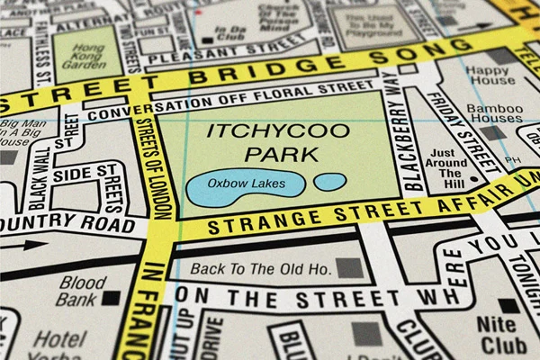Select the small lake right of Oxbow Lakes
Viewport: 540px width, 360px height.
pyautogui.click(x=329, y=182)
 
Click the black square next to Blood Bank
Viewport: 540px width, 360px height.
pyautogui.click(x=113, y=296)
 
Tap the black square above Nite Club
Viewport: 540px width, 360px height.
pyautogui.click(x=508, y=306)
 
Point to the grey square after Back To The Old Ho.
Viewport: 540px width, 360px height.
pyautogui.click(x=348, y=267)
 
